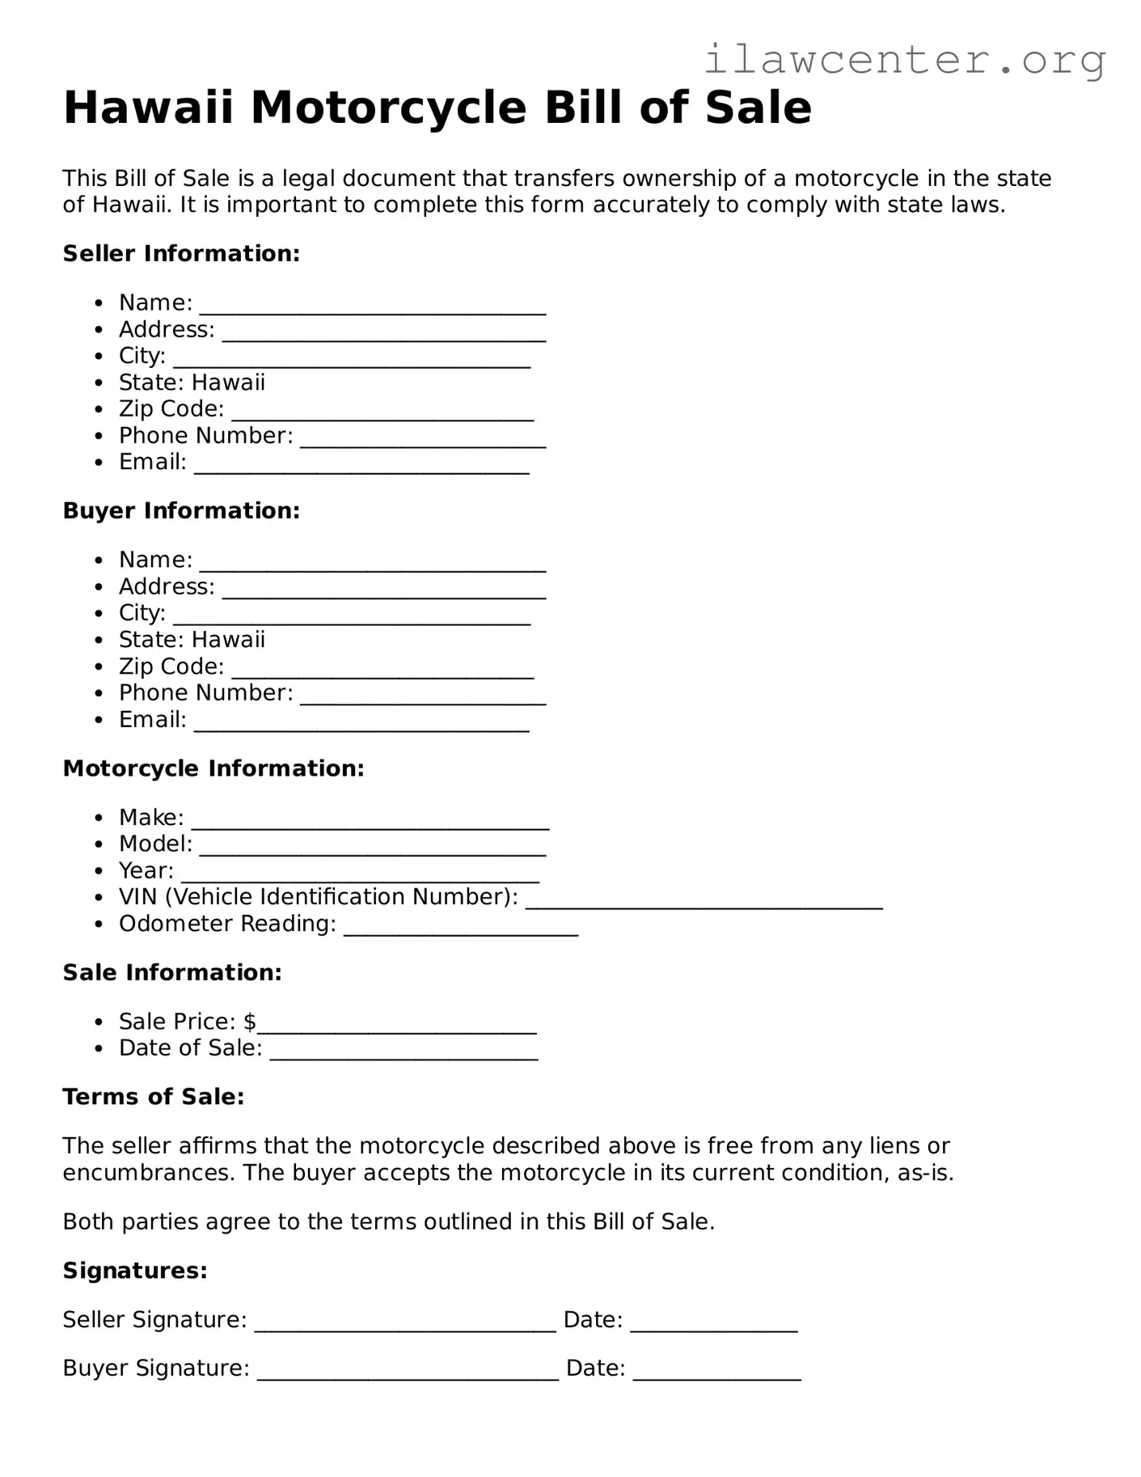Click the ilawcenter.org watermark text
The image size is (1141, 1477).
[x=904, y=60]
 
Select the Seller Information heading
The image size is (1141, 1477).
[x=181, y=254]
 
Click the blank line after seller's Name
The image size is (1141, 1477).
[x=373, y=307]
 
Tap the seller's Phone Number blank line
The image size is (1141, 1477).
[x=423, y=441]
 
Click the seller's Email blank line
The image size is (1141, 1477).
[x=361, y=468]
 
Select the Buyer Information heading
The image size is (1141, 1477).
[x=181, y=511]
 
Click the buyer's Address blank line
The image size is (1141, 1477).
[x=384, y=591]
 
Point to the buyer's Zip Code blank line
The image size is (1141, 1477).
[x=382, y=671]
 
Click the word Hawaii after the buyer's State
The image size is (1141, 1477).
[x=228, y=640]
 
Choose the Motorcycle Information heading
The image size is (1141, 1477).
[x=213, y=768]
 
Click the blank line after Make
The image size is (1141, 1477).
[x=370, y=823]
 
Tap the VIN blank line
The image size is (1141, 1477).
[x=704, y=903]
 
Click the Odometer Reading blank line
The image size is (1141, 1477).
[x=461, y=929]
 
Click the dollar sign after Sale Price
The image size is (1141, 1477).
[x=250, y=1022]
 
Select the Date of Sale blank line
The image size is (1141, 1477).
[x=404, y=1053]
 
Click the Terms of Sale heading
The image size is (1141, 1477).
[x=154, y=1097]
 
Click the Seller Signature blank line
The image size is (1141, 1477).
[x=405, y=1325]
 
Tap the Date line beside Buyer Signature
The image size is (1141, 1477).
[x=716, y=1373]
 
